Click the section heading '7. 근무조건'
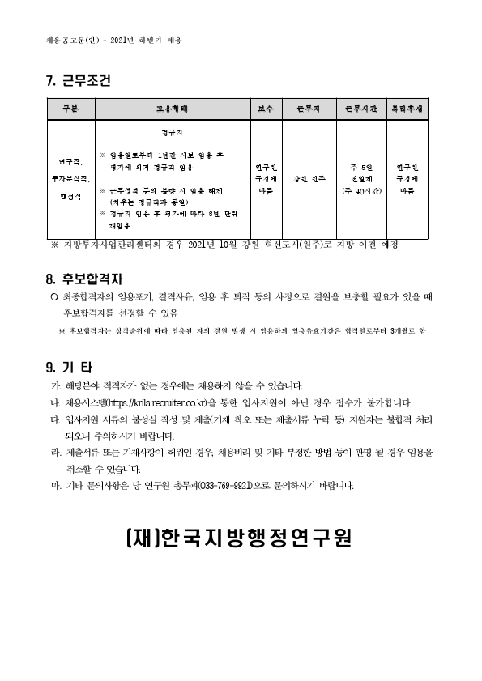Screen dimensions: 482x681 click(78, 82)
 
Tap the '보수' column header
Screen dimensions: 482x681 click(267, 108)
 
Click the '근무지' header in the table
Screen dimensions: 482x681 click(309, 108)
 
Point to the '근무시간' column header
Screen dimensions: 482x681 click(361, 108)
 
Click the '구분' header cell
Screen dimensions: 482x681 click(69, 108)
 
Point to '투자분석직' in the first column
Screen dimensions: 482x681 click(68, 178)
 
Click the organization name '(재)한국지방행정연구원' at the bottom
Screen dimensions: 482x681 click(240, 538)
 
